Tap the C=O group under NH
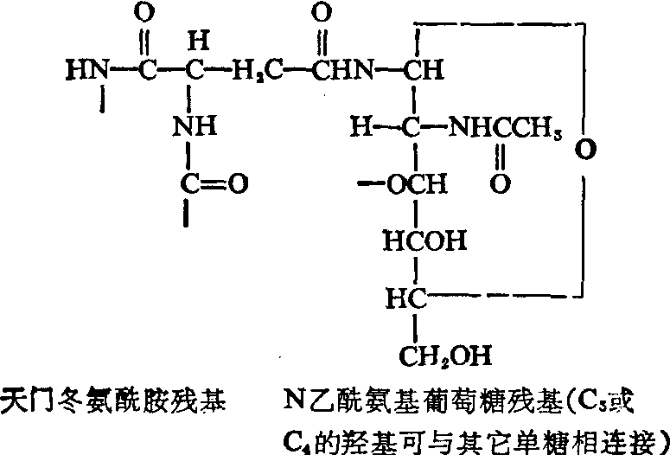coord(214,184)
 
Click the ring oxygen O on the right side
coord(585,149)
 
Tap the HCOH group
coord(425,242)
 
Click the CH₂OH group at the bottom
coord(445,356)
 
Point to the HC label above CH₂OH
coord(406,298)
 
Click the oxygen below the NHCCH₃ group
coord(501,184)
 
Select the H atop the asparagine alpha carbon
coord(198,42)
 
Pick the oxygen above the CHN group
coord(322,15)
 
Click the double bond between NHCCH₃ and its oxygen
coord(501,157)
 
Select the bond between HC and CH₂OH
coord(414,326)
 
